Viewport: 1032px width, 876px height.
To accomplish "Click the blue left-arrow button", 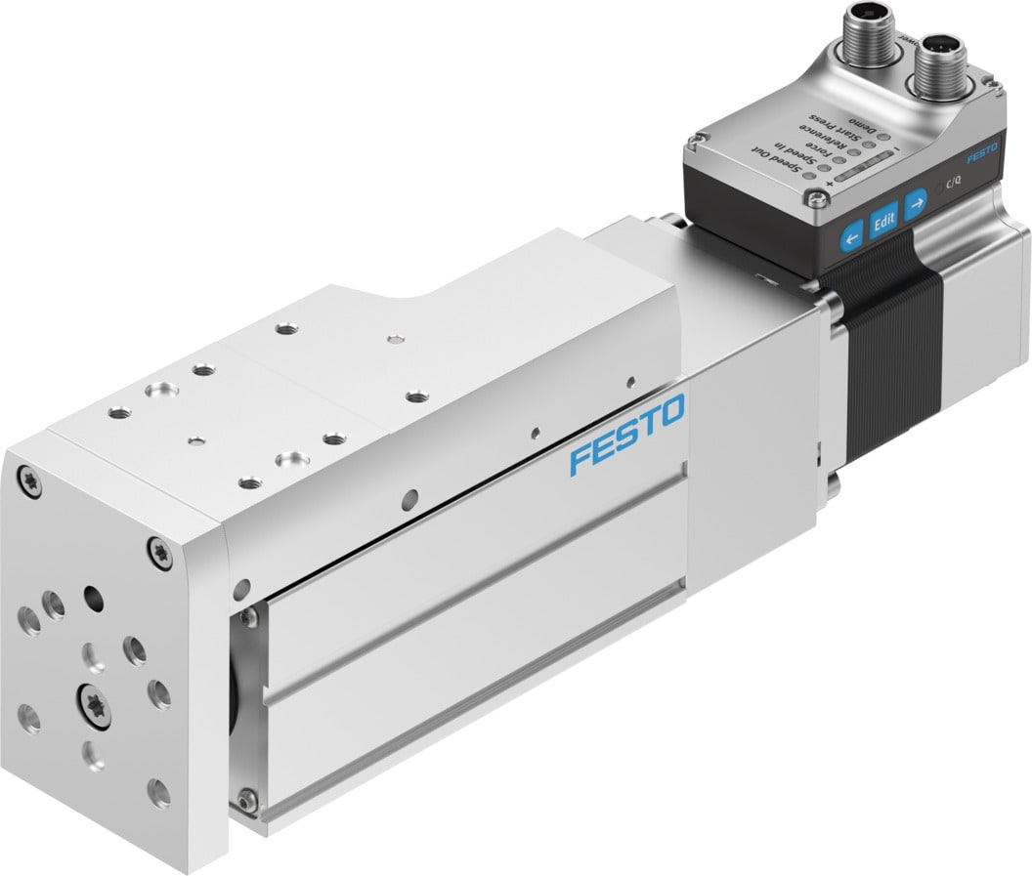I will pos(852,235).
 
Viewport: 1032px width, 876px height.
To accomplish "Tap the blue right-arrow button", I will pos(916,205).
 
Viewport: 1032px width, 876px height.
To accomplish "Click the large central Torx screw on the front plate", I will pos(95,705).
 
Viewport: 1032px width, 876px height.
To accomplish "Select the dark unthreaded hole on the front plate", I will pos(94,595).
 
